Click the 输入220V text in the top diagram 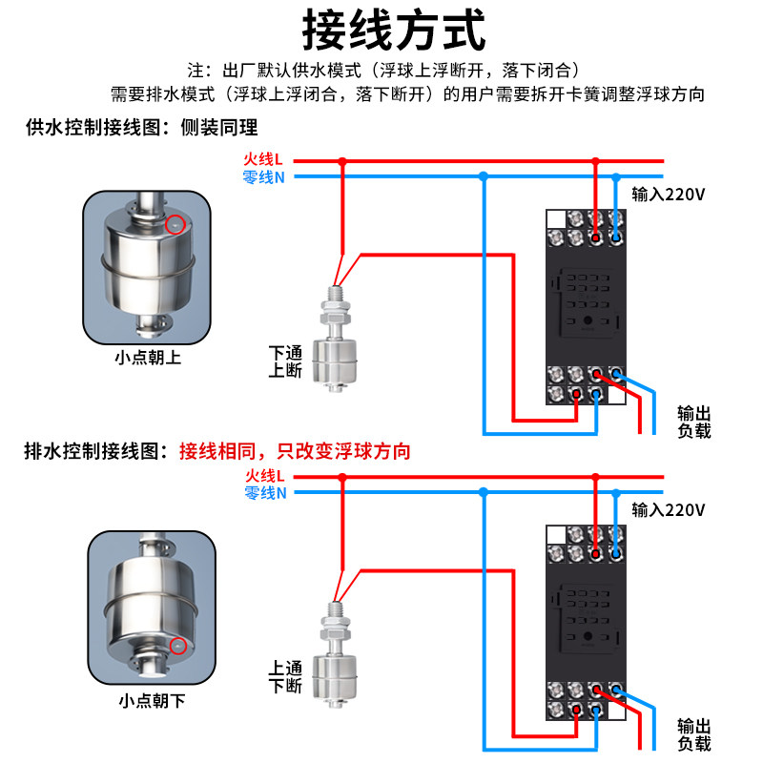tap(668, 195)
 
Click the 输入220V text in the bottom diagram tap(668, 509)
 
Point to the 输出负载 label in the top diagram tap(693, 422)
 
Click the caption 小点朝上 tap(147, 359)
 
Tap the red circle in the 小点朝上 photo tap(174, 225)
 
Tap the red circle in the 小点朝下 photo tap(175, 646)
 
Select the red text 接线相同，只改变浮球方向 tap(295, 451)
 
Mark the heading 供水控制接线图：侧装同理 tap(141, 127)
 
